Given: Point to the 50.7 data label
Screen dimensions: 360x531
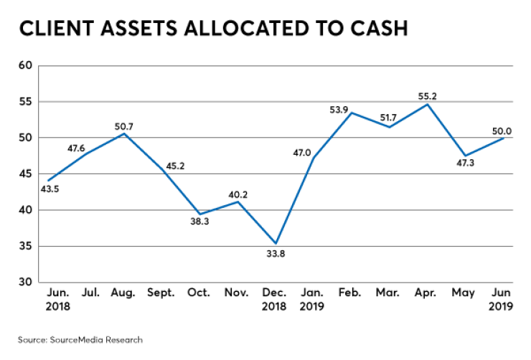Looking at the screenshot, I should [124, 126].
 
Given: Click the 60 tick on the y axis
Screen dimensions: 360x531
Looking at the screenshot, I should [26, 65].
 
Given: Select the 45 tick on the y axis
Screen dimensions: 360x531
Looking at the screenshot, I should [26, 174].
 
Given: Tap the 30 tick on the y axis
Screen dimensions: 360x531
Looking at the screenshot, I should [26, 283].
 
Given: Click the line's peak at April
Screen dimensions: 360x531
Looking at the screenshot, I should [428, 104].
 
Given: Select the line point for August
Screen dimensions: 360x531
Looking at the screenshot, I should [124, 133].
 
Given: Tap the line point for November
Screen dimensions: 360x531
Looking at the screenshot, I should [238, 202].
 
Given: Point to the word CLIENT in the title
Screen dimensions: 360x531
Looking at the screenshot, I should [55, 29].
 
